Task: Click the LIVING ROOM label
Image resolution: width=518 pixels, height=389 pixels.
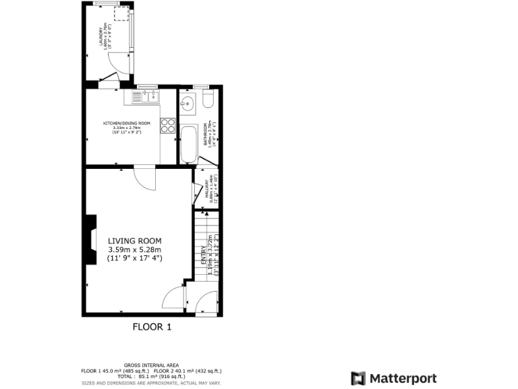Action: tap(135, 240)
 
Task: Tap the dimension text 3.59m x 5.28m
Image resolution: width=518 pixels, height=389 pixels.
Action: tap(135, 249)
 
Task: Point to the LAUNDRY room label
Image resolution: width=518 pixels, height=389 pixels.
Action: tap(102, 35)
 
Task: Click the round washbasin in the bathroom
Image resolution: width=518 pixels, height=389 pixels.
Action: tap(188, 103)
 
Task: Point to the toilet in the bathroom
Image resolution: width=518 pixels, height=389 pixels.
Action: tap(207, 102)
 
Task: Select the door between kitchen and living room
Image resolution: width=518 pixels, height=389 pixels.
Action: tap(144, 177)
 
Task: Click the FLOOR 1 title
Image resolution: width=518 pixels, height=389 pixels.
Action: tap(151, 327)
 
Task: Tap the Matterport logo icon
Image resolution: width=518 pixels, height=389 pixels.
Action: tap(358, 378)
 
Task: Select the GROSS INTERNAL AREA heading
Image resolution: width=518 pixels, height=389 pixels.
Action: tap(151, 365)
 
